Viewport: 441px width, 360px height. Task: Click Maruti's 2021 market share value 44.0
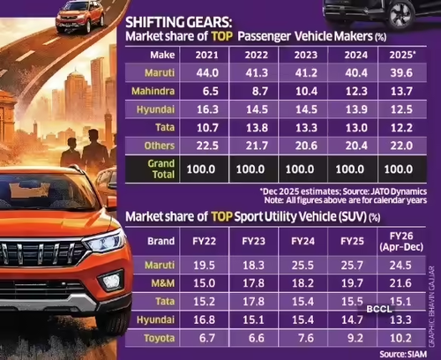click(207, 73)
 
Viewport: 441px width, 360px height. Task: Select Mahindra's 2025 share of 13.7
click(401, 91)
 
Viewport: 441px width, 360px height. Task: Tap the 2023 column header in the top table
click(306, 55)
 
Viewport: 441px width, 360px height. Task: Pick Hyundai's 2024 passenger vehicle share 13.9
click(356, 109)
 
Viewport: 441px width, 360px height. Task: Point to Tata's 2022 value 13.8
click(257, 128)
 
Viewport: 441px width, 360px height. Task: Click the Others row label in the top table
click(160, 146)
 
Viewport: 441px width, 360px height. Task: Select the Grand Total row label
click(161, 169)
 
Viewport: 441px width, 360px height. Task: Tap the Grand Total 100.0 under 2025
click(399, 169)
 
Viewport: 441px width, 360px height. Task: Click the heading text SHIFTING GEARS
click(178, 22)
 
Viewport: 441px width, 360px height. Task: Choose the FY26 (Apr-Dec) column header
click(401, 241)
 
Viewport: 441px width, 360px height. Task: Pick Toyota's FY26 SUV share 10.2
click(400, 338)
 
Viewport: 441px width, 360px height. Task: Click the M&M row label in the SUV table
click(163, 283)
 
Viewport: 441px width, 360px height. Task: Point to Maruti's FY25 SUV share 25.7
click(352, 266)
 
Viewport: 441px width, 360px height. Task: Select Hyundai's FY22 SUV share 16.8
click(204, 319)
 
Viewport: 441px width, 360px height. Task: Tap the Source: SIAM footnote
click(403, 354)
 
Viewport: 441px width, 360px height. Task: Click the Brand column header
click(161, 241)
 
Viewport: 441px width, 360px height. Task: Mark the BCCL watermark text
click(379, 309)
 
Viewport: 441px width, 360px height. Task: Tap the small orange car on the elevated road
click(80, 17)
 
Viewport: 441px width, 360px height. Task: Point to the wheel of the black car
click(400, 15)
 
